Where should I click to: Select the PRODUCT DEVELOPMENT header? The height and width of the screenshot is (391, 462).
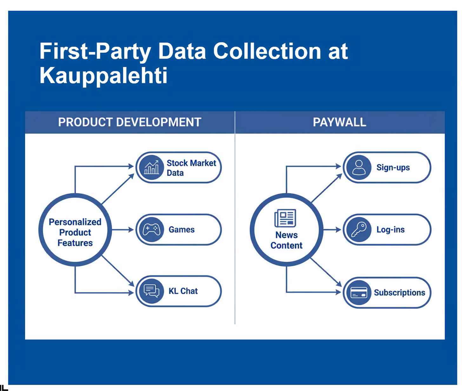pyautogui.click(x=129, y=122)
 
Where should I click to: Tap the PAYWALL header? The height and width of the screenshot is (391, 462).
pyautogui.click(x=339, y=122)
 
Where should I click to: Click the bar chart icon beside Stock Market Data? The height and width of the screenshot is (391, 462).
pyautogui.click(x=151, y=167)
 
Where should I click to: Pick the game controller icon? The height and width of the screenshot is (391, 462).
pyautogui.click(x=151, y=229)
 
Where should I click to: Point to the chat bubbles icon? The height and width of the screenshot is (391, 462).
pyautogui.click(x=151, y=291)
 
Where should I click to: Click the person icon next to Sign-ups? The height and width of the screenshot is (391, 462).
pyautogui.click(x=359, y=167)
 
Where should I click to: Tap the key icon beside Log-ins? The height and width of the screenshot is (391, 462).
pyautogui.click(x=359, y=229)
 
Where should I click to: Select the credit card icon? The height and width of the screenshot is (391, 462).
pyautogui.click(x=359, y=292)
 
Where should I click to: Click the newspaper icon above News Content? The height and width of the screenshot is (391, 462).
pyautogui.click(x=285, y=218)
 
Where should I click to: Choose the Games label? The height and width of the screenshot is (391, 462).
pyautogui.click(x=181, y=229)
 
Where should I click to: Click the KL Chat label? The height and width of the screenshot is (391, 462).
pyautogui.click(x=183, y=291)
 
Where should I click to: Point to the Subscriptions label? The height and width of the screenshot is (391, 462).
pyautogui.click(x=399, y=292)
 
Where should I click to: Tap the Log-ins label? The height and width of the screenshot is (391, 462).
pyautogui.click(x=390, y=229)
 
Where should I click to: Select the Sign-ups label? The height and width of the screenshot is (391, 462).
pyautogui.click(x=393, y=167)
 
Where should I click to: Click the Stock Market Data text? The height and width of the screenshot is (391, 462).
pyautogui.click(x=191, y=168)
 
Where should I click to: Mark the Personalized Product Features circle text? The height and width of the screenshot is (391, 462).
pyautogui.click(x=75, y=232)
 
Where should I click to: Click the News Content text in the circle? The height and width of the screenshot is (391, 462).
pyautogui.click(x=286, y=240)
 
